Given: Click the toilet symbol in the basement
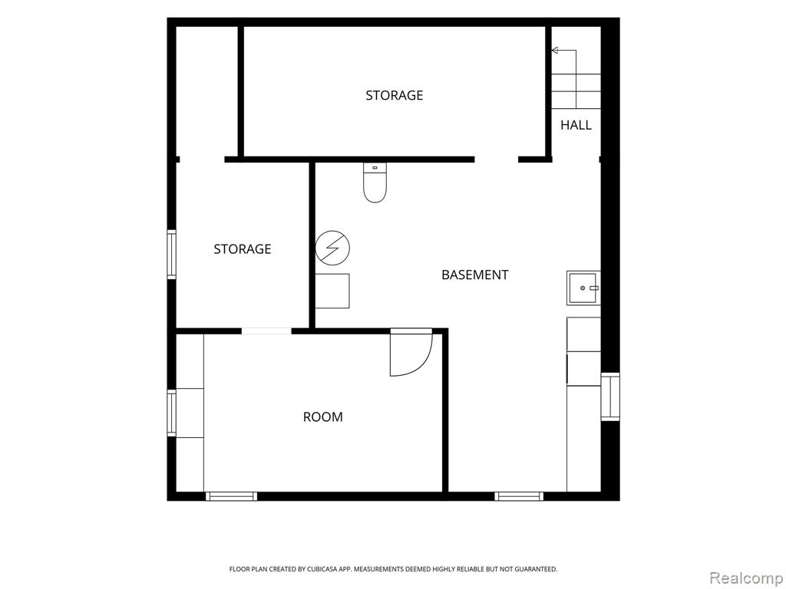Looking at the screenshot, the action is pyautogui.click(x=375, y=183).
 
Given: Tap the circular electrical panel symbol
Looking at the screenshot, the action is pyautogui.click(x=332, y=248).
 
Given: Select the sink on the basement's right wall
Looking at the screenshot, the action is pyautogui.click(x=583, y=288).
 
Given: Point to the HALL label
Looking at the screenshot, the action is pyautogui.click(x=576, y=125).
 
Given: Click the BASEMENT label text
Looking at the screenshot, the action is pyautogui.click(x=474, y=275).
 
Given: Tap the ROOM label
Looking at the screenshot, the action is pyautogui.click(x=323, y=416).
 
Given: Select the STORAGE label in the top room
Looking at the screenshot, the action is pyautogui.click(x=394, y=95).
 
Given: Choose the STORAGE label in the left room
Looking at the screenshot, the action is pyautogui.click(x=242, y=249).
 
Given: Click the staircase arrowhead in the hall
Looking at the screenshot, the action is pyautogui.click(x=554, y=50).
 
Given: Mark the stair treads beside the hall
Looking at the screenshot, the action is pyautogui.click(x=576, y=91).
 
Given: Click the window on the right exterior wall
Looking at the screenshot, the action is pyautogui.click(x=610, y=397).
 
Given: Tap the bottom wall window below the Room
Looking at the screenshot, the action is pyautogui.click(x=231, y=496).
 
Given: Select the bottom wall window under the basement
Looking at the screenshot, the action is pyautogui.click(x=519, y=496).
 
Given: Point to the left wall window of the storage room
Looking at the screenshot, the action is pyautogui.click(x=171, y=254).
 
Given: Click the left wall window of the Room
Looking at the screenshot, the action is pyautogui.click(x=171, y=413).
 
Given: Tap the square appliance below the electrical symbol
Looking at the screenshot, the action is pyautogui.click(x=332, y=291).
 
